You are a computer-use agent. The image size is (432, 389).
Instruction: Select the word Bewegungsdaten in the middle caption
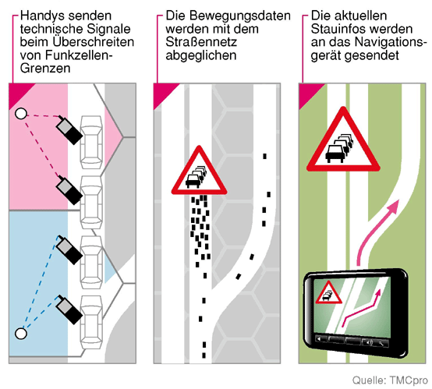tap(239, 16)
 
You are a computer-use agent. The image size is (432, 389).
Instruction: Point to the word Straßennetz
tap(201, 42)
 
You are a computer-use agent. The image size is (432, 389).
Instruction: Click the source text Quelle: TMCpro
tap(390, 380)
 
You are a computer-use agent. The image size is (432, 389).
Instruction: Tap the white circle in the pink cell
tap(20, 114)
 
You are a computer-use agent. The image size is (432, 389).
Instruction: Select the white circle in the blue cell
tap(20, 334)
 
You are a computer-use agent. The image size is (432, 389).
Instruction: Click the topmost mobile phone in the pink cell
tap(69, 129)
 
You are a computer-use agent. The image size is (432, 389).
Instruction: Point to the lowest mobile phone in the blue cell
tap(69, 309)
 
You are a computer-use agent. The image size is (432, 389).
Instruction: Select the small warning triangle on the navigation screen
tap(328, 293)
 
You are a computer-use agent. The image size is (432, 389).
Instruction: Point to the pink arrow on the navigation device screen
tap(362, 308)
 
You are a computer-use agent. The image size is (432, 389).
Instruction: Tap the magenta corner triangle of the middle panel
tap(162, 93)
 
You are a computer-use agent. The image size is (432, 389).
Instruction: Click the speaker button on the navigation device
tap(368, 342)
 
